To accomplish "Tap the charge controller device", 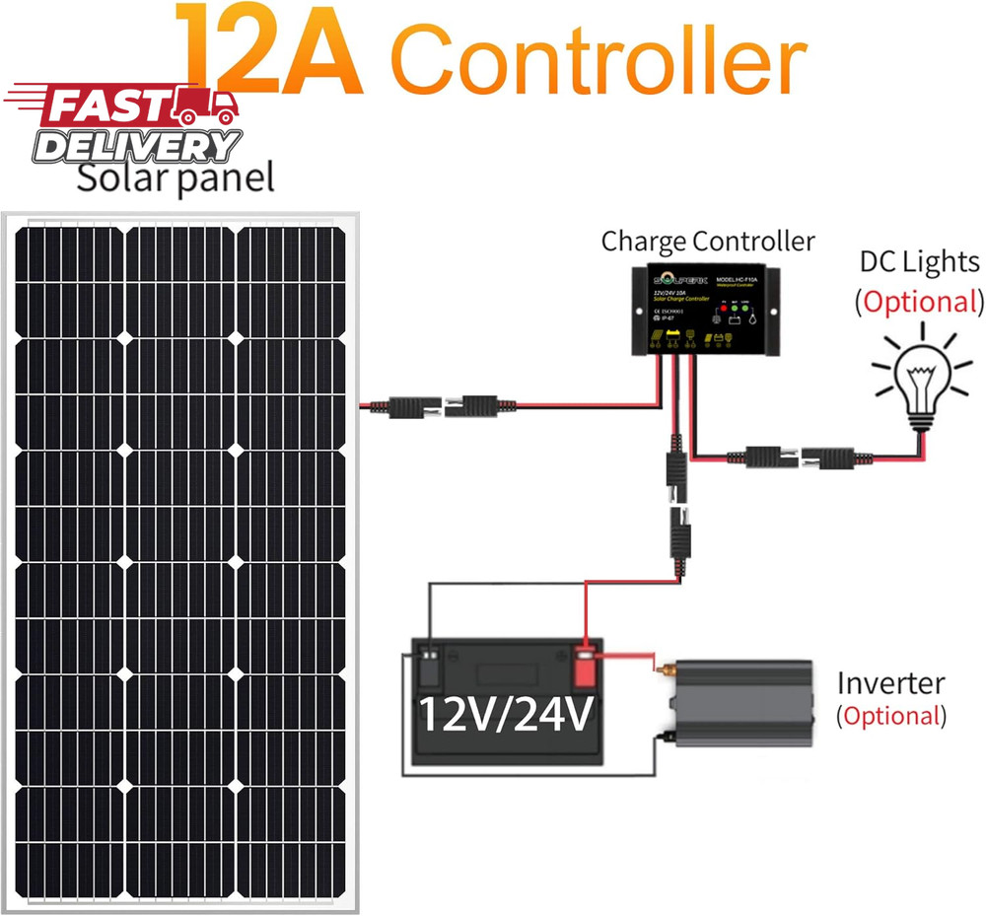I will pyautogui.click(x=706, y=310).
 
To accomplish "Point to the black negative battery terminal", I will pyautogui.click(x=431, y=666).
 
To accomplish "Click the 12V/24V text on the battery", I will pyautogui.click(x=506, y=712).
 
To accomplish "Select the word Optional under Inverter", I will pyautogui.click(x=891, y=716).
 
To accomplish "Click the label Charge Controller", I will pyautogui.click(x=708, y=241).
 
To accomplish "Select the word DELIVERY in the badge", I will pyautogui.click(x=138, y=146).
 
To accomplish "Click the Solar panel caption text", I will pyautogui.click(x=176, y=178).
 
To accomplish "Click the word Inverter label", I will pyautogui.click(x=890, y=682).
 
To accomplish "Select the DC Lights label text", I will pyautogui.click(x=920, y=261).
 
